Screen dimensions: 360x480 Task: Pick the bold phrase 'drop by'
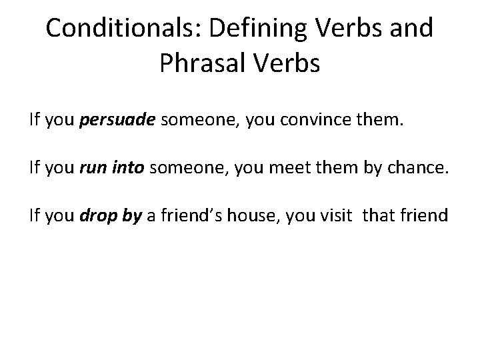[111, 215]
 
